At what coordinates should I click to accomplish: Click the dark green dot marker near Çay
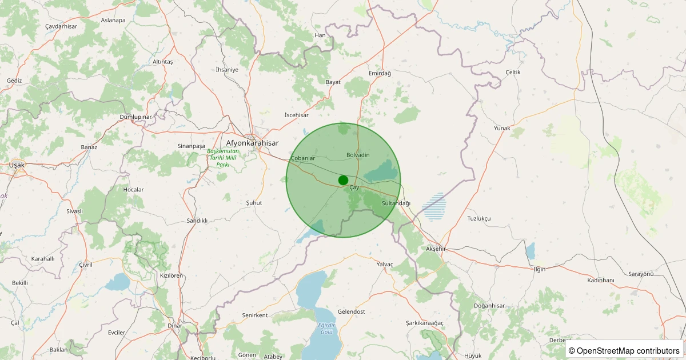point(343,180)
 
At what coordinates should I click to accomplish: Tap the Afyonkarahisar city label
point(252,143)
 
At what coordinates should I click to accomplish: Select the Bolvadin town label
point(358,155)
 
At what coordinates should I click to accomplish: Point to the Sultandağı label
point(396,203)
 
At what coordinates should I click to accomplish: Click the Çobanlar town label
point(303,158)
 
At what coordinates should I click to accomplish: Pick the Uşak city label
point(17,165)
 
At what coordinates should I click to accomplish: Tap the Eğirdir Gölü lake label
point(326,328)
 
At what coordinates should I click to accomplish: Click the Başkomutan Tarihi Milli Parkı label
point(222,157)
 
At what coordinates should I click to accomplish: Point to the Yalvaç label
point(385,264)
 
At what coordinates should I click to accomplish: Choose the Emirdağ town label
point(380,73)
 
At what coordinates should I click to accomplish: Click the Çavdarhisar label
point(61,26)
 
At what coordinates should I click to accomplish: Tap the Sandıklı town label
point(197,220)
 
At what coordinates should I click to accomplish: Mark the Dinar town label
point(175,326)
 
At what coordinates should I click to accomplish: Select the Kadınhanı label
point(600,280)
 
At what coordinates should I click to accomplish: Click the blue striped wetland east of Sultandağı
point(435,207)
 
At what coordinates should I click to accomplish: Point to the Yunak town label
point(502,128)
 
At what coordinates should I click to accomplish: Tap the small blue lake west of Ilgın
point(531,251)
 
